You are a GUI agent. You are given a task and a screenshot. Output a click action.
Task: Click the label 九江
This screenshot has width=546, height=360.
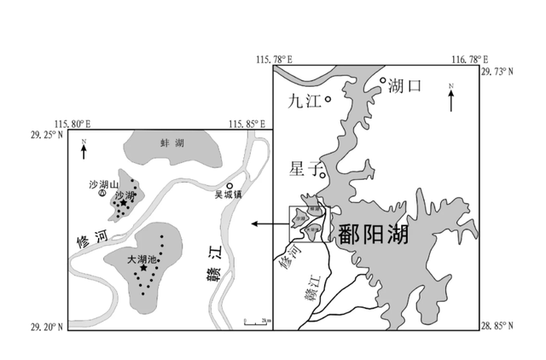[x=301, y=101]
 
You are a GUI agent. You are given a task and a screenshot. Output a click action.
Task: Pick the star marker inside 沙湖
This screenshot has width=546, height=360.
[x=124, y=203]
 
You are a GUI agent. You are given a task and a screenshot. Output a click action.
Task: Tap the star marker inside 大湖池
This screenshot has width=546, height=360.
[x=143, y=269]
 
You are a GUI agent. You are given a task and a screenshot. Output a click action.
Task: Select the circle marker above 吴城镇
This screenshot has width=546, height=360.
[x=229, y=186]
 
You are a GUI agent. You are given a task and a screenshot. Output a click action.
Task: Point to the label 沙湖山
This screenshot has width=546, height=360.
[x=102, y=183]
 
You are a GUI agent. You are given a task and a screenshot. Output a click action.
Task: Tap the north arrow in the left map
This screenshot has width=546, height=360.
[x=83, y=151]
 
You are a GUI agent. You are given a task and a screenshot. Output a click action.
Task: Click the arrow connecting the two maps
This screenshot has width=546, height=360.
[x=270, y=224]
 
